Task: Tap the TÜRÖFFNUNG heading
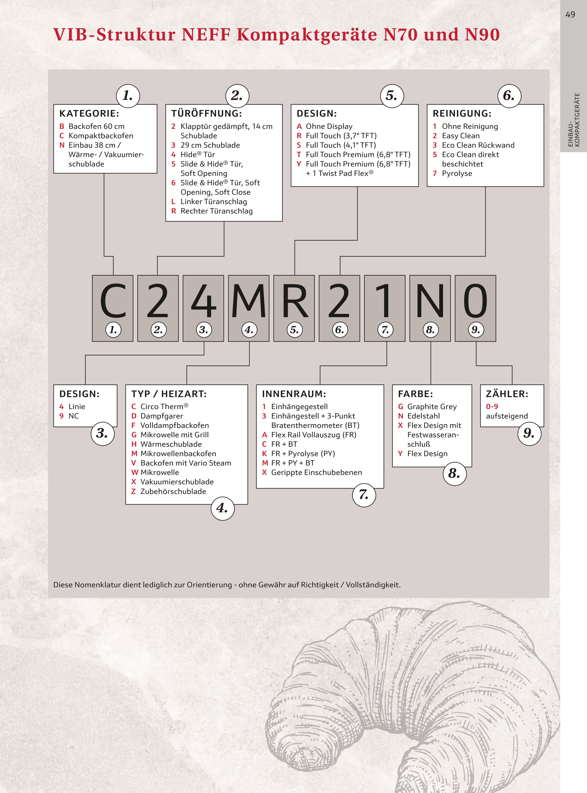pos(206,114)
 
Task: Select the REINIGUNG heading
pos(462,114)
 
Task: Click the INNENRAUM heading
pos(294,394)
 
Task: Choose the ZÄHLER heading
pos(507,394)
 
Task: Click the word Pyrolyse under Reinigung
pos(457,174)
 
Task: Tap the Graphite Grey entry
pos(432,406)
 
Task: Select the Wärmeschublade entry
pos(171,444)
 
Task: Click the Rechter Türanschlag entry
pos(216,211)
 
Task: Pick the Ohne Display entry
pos(329,126)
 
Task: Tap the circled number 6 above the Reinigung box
pos(509,96)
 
